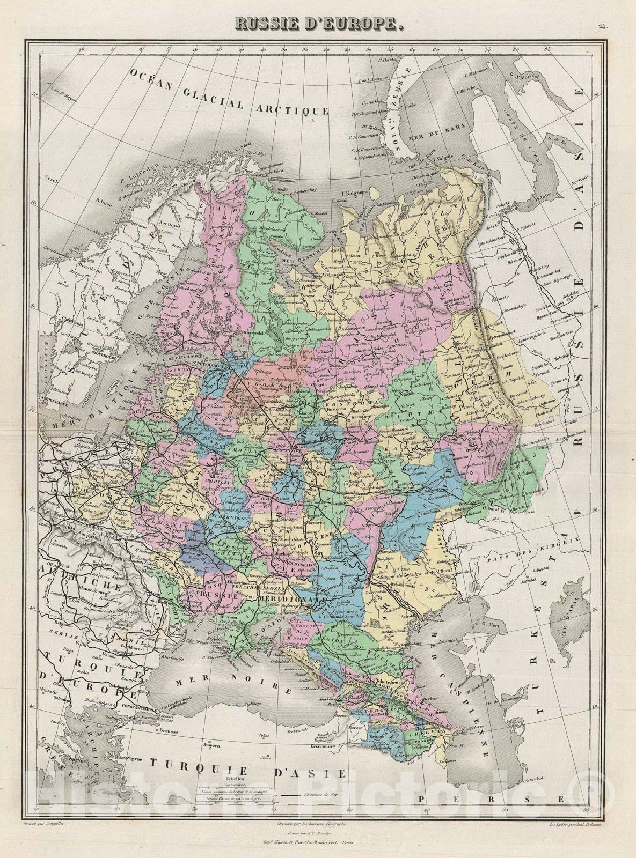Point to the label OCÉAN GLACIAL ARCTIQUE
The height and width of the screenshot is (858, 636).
click(x=229, y=92)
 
